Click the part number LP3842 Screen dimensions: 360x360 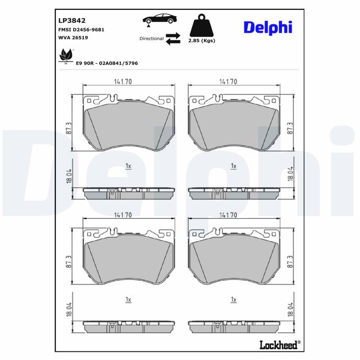pos(72,20)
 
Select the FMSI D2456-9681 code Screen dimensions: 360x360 pos(81,29)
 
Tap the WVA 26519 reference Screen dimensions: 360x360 pos(73,38)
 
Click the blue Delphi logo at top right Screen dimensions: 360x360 pos(268,27)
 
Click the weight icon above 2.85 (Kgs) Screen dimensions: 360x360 pos(201,27)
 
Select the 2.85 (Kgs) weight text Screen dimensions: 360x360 pos(201,40)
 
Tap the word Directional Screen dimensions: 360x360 pos(151,39)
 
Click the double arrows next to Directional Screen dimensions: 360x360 pos(173,39)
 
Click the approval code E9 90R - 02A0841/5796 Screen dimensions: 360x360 pos(107,63)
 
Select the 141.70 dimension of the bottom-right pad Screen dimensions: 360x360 pos(228,216)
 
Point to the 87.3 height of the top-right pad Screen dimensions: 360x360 pos(290,128)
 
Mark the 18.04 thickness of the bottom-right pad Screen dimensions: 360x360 pos(290,309)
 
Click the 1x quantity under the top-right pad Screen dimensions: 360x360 pos(233,166)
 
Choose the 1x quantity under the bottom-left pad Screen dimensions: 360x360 pos(128,299)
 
